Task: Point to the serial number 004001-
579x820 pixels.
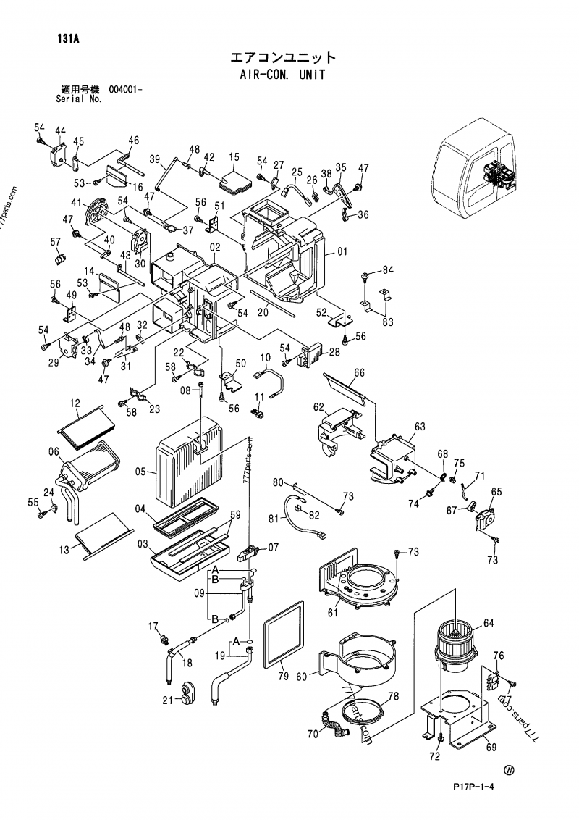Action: coord(125,90)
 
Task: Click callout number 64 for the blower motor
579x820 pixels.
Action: coord(489,623)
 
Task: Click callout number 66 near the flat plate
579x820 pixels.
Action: coord(359,374)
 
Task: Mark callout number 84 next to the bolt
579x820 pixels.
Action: coord(388,270)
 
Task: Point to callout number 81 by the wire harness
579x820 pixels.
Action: coord(273,519)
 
